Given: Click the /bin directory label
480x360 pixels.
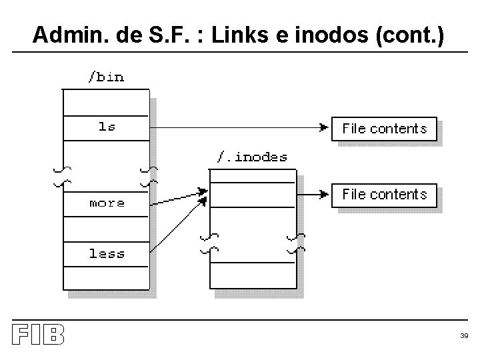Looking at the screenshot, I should point(106,77).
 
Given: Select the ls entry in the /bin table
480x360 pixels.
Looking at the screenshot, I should point(107,126).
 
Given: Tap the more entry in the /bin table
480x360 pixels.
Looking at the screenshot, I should point(107,203).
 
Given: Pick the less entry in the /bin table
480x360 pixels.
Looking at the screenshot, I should point(107,253).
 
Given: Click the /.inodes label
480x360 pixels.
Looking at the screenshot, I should point(252,157).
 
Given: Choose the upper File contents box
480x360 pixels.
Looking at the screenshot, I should point(384,129).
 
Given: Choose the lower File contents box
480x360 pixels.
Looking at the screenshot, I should point(384,195).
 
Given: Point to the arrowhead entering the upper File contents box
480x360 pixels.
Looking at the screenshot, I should point(324,126).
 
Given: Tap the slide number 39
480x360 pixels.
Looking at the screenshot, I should point(464,336).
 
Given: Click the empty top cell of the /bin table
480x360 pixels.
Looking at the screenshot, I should point(105,101).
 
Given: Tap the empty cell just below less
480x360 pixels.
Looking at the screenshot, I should point(105,277).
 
